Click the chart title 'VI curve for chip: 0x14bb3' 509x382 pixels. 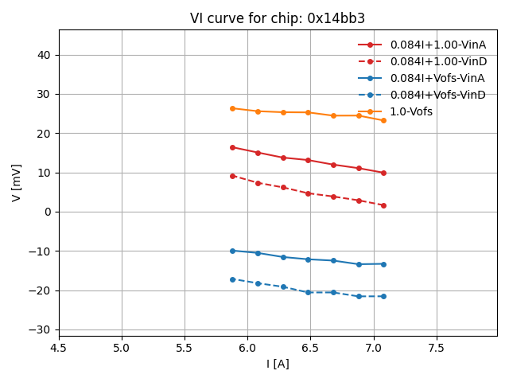pos(278,18)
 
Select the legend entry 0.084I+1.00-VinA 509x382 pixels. pos(437,45)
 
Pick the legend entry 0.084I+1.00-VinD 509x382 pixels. pos(437,62)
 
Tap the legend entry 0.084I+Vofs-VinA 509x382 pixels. pos(437,79)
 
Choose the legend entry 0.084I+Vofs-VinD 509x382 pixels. pos(437,95)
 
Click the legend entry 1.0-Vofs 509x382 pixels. pos(411,112)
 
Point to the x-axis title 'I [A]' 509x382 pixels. pos(278,364)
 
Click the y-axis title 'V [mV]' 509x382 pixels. pos(17,182)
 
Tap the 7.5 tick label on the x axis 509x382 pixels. pos(436,347)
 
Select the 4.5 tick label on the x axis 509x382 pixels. pos(59,347)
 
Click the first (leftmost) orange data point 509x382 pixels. pos(232,108)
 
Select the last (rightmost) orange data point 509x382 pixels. pos(383,120)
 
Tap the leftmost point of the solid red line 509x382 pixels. pos(232,147)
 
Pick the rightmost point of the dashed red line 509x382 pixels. pos(383,205)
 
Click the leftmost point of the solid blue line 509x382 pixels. pos(232,251)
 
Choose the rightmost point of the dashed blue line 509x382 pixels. pos(383,296)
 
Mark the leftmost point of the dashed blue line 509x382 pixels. pos(232,279)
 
